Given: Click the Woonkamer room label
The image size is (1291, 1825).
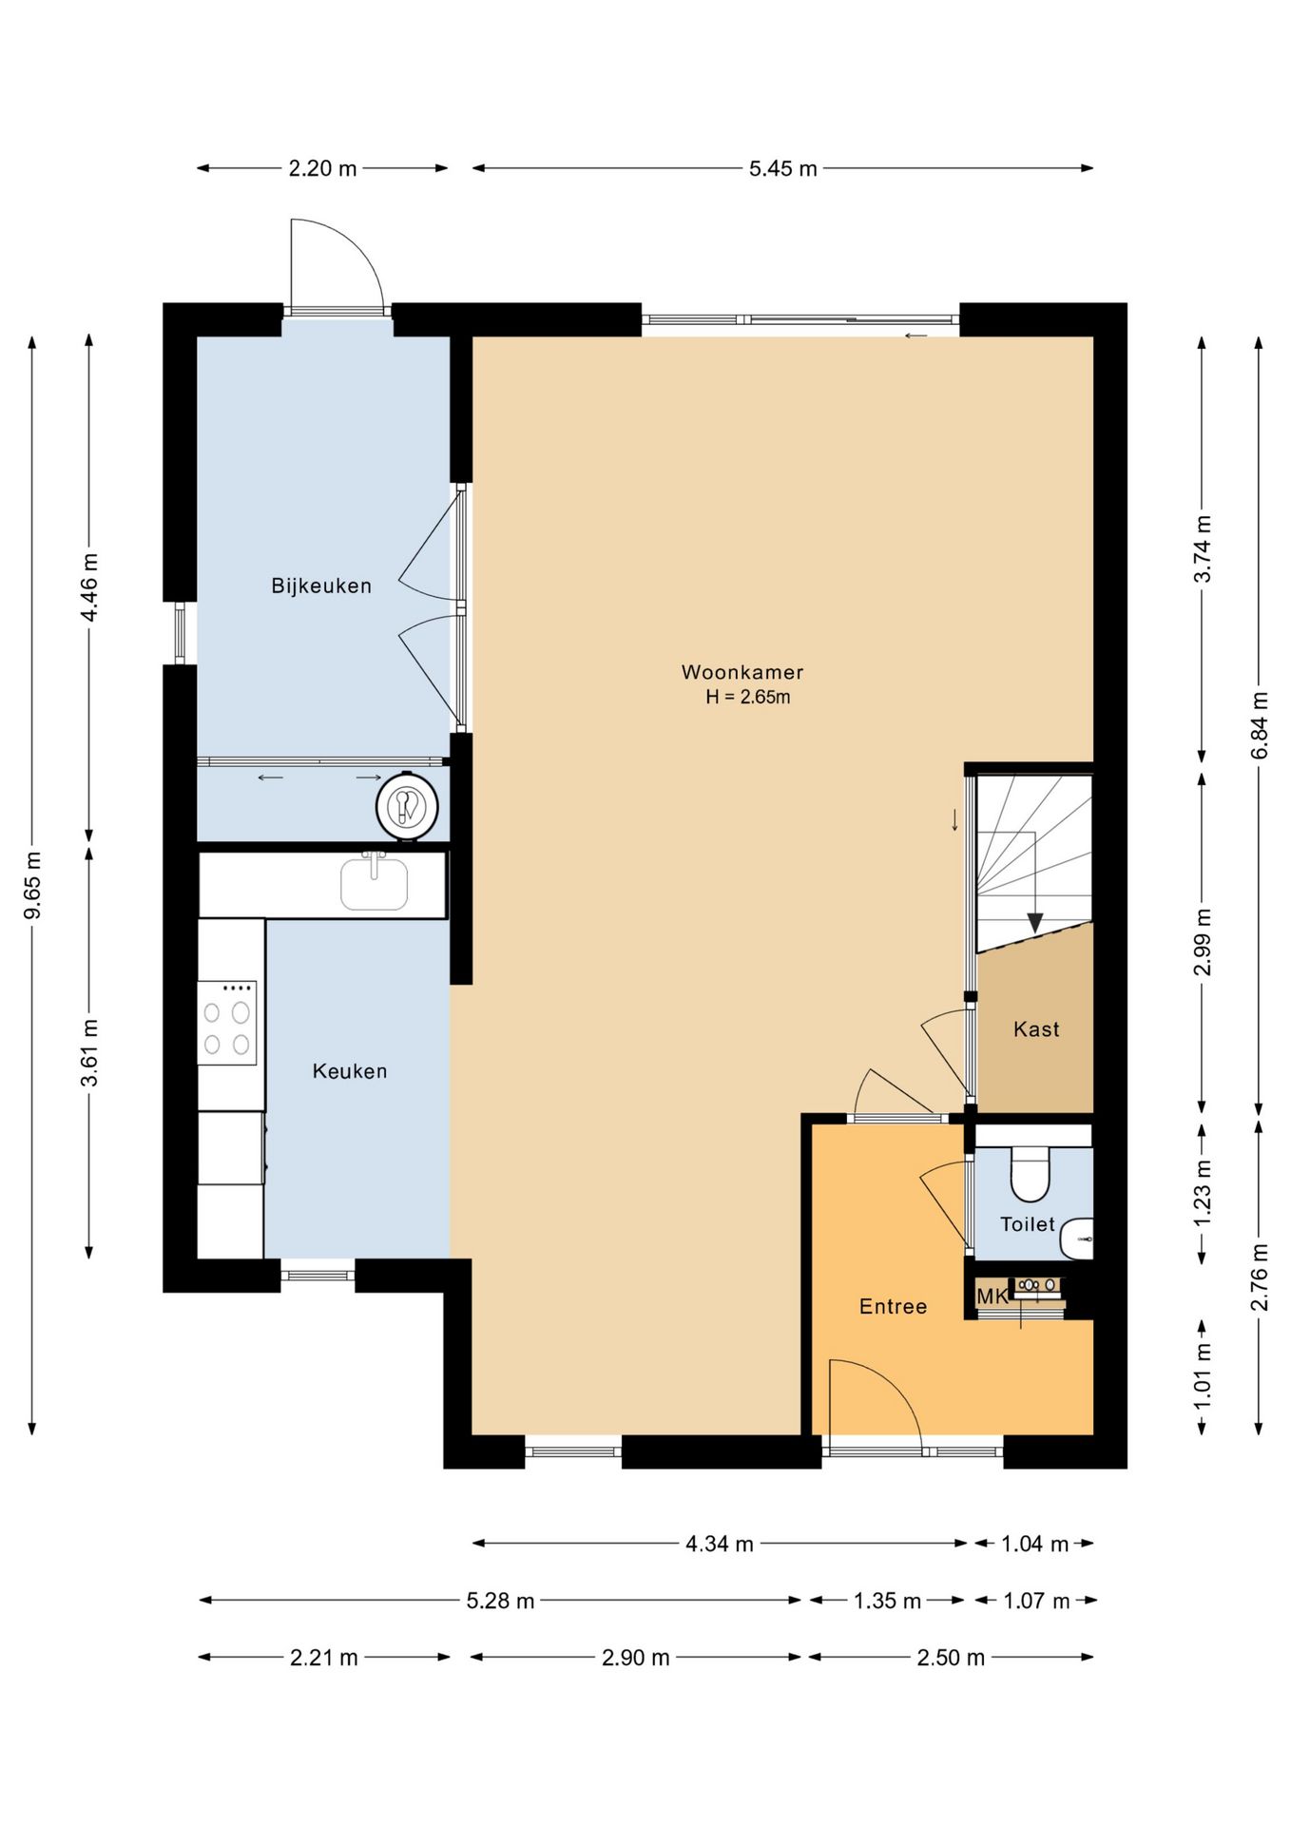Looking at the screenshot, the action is (x=742, y=672).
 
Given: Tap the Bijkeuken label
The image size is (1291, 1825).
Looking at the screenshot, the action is (x=321, y=586).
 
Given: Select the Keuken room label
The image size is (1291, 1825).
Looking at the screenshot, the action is (x=350, y=1071).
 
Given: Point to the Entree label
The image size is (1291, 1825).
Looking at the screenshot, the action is (x=893, y=1306).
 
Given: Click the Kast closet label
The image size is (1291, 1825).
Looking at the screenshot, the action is (x=1036, y=1028).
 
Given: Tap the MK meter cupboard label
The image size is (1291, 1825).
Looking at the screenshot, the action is (x=992, y=1296).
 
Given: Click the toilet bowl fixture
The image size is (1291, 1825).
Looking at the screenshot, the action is (x=1030, y=1174).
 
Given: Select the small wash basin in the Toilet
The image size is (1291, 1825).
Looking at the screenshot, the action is (x=1077, y=1239).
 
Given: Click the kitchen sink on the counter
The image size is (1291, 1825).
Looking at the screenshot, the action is (x=375, y=881).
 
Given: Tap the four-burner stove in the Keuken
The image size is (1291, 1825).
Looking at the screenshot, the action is (x=227, y=1023).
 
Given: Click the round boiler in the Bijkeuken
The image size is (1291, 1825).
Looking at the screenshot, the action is (x=407, y=806).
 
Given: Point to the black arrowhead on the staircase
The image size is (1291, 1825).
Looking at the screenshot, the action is (x=1035, y=923).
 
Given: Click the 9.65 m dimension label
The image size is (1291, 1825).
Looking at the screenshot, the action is (x=33, y=886).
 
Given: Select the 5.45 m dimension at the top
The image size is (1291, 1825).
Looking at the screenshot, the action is (x=783, y=168).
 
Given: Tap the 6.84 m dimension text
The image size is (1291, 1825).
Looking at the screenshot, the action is (x=1260, y=724).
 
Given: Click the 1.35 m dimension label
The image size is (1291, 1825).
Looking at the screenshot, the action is (x=887, y=1601).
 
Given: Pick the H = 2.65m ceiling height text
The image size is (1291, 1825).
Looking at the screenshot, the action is (x=747, y=697).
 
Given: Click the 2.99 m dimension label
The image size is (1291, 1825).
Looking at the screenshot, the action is (x=1203, y=941).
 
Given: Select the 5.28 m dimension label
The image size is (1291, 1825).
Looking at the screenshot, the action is (x=500, y=1601).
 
